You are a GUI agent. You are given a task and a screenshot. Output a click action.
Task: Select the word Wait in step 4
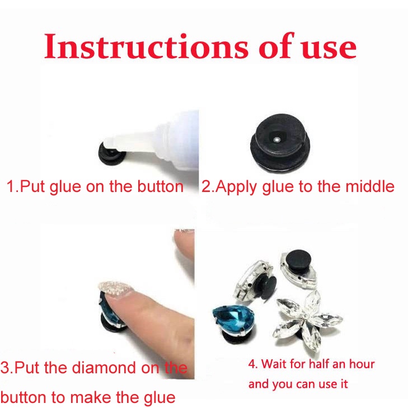tap(273, 365)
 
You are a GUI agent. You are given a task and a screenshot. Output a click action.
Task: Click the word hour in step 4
tap(362, 365)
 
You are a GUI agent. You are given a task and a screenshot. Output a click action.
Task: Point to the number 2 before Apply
tap(205, 186)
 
